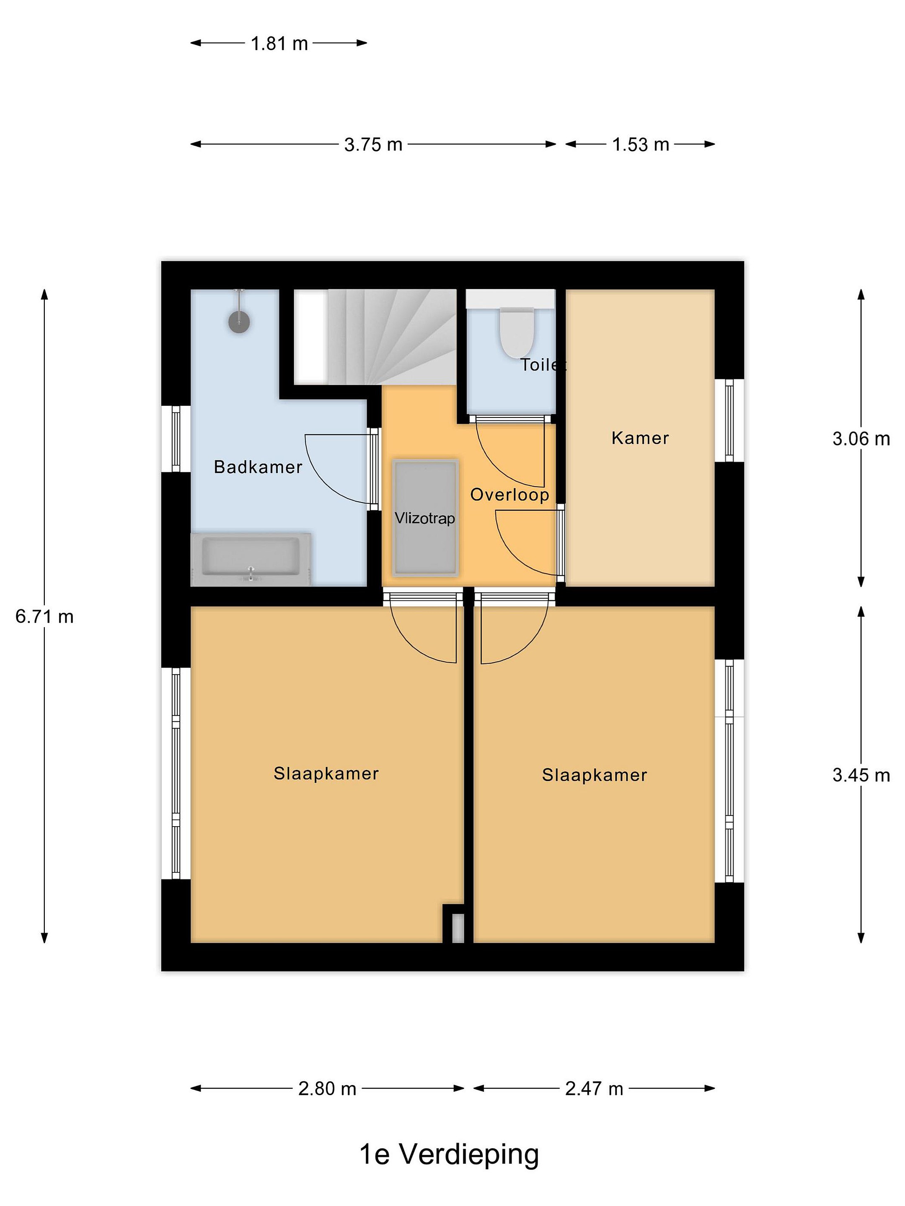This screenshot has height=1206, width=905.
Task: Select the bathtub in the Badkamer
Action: (x=251, y=559)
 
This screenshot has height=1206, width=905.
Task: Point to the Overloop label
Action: (x=509, y=495)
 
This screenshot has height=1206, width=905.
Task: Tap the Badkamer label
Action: (x=258, y=467)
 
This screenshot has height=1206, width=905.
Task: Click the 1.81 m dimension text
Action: (x=279, y=44)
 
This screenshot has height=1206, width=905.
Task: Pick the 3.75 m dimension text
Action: (x=373, y=144)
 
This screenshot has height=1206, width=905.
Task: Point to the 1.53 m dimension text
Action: (x=641, y=144)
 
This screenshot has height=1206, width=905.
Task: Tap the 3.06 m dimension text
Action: (x=861, y=439)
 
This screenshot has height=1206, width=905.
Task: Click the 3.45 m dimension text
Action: (x=861, y=775)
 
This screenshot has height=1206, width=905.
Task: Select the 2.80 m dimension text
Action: (x=327, y=1089)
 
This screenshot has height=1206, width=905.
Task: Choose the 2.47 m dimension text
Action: (x=594, y=1089)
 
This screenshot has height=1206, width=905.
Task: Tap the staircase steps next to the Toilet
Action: (x=391, y=336)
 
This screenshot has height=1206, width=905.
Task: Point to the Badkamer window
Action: (x=176, y=438)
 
